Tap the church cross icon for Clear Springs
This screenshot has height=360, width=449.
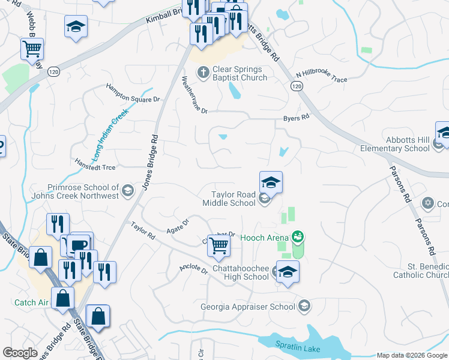(x=203, y=73)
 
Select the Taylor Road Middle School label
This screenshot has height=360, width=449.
(x=234, y=199)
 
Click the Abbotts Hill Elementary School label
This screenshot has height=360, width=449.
(x=395, y=144)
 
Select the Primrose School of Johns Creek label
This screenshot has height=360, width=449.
(x=83, y=191)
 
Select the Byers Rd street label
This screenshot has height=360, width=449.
(x=297, y=118)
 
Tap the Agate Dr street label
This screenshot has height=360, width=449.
(x=178, y=225)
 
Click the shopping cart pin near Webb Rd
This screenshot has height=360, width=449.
(x=32, y=48)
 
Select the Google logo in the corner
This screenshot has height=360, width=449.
(x=20, y=353)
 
